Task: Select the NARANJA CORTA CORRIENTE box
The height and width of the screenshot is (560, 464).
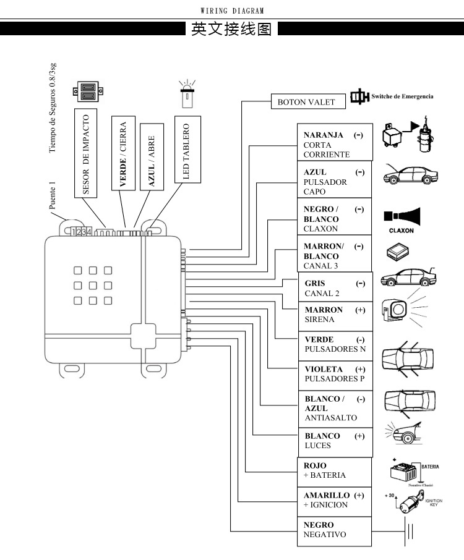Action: [335, 145]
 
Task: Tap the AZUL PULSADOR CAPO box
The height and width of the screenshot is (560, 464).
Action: [335, 182]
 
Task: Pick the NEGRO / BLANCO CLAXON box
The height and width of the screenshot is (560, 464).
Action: [335, 218]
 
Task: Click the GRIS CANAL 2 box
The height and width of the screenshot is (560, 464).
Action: [335, 288]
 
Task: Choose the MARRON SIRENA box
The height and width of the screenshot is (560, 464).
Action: [335, 315]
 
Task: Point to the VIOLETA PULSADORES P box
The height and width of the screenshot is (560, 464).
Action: [335, 374]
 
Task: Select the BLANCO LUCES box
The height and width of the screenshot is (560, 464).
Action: [335, 440]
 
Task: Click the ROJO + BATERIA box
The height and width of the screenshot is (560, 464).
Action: [334, 470]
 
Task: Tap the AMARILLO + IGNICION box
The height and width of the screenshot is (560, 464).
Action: [334, 500]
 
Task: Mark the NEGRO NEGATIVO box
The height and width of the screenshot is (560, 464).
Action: [334, 530]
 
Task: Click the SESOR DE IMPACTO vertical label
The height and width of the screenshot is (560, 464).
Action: [87, 153]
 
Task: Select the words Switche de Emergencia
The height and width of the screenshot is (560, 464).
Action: [402, 96]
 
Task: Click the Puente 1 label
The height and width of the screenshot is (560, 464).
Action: [53, 195]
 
